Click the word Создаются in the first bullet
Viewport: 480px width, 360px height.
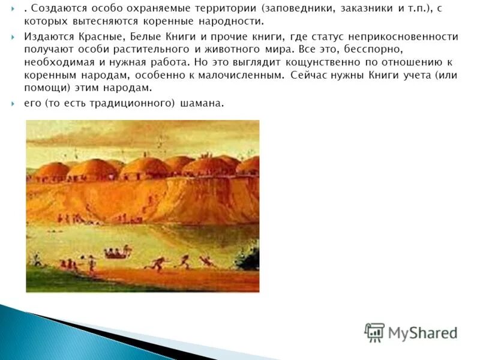(x=56, y=9)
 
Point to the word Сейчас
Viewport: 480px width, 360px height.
(x=308, y=76)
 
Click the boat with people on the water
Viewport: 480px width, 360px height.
(x=118, y=254)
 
